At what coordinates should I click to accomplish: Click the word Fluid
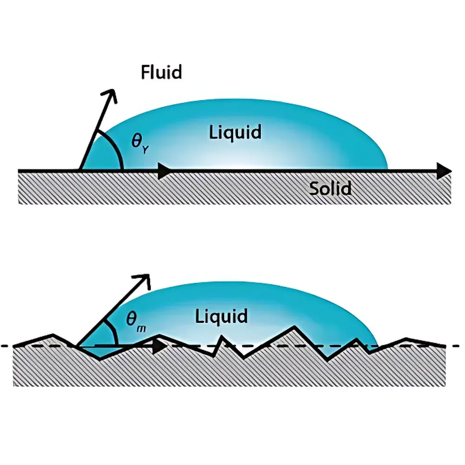(161, 72)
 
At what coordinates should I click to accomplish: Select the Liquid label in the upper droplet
(235, 132)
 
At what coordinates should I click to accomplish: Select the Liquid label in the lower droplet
(221, 317)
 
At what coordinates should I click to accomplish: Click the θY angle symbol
(139, 142)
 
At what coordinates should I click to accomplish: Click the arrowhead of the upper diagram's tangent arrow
(109, 94)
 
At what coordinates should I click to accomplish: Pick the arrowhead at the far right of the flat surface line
(445, 171)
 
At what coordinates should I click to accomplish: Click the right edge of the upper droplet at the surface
(387, 168)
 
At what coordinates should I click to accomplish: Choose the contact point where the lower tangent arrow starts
(77, 346)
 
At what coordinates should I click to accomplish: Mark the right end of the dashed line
(458, 346)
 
